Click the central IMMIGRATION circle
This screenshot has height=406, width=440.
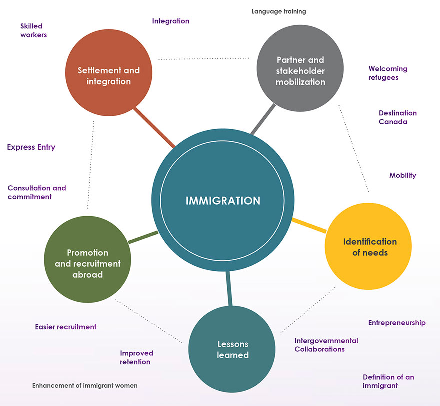tap(223, 201)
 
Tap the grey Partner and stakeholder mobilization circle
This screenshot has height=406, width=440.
tap(300, 71)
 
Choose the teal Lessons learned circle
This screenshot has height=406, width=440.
tap(233, 349)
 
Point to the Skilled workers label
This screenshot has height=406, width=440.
tap(33, 30)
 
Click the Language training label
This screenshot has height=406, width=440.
tap(279, 11)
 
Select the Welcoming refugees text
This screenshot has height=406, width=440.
tap(388, 73)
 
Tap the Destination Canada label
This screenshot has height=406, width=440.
tap(397, 117)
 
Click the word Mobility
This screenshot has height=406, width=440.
tap(402, 175)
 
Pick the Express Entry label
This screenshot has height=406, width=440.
tap(31, 147)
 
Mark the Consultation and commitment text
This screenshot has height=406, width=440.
tap(37, 193)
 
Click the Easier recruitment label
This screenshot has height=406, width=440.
tap(65, 327)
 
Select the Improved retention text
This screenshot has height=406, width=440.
tap(136, 357)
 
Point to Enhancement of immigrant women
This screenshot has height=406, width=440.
tap(85, 386)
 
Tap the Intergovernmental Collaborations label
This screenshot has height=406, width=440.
tap(326, 345)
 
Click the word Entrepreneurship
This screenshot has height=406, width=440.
tap(397, 323)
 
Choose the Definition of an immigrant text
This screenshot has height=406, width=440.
tap(388, 381)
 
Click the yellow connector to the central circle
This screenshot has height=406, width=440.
tap(309, 225)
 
